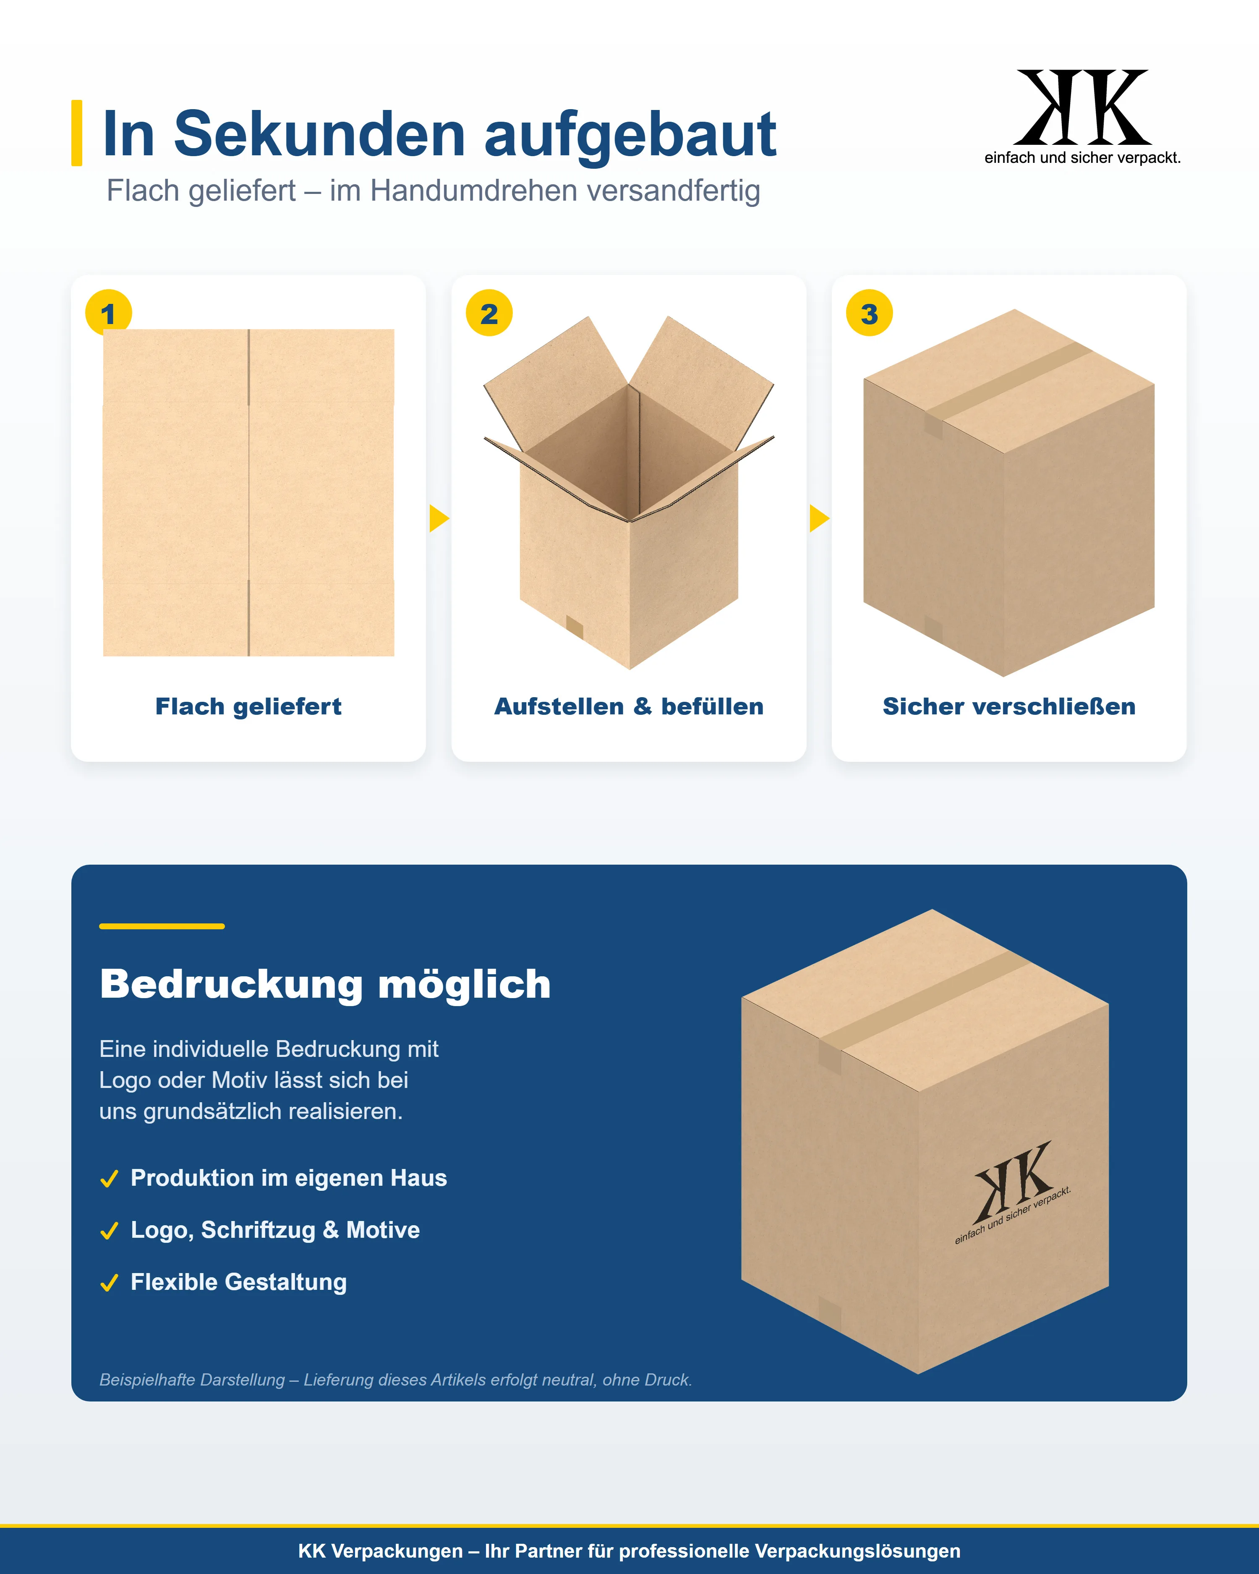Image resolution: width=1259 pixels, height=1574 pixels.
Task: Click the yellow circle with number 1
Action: [x=108, y=312]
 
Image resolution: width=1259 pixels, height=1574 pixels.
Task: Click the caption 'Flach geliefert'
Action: [x=248, y=707]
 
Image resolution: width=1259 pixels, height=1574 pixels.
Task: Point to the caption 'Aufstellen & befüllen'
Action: [x=629, y=707]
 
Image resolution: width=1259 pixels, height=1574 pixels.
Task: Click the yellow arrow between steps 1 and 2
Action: [x=439, y=518]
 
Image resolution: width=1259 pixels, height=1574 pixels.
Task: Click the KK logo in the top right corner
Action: [x=1082, y=117]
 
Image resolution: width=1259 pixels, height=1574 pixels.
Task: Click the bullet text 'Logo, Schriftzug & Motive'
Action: [x=275, y=1230]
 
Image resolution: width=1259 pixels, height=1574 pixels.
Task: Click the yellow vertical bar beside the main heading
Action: [x=77, y=133]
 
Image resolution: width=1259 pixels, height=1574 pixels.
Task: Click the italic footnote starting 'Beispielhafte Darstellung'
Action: [x=396, y=1380]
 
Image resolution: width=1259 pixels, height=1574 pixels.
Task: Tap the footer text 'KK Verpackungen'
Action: [x=380, y=1550]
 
